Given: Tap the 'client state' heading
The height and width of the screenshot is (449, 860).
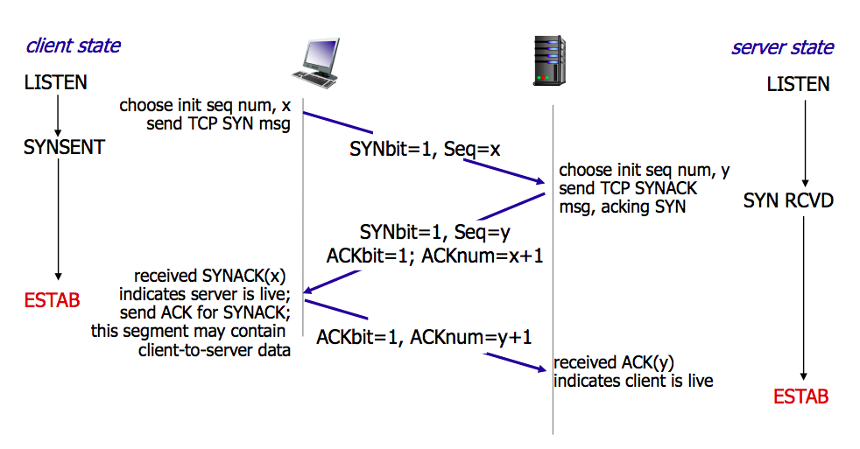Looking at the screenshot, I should coord(74,46).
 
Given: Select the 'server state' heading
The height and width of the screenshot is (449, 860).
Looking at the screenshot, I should coord(782,47).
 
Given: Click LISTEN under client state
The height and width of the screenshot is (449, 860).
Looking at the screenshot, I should coord(56,83).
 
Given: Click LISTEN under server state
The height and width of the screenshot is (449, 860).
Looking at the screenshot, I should coord(798,85).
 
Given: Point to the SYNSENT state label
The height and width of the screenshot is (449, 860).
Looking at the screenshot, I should coord(64,147).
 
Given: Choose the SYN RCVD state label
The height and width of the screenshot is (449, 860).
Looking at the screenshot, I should coord(788,201).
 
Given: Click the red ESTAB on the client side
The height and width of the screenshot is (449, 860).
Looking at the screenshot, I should coord(53,301).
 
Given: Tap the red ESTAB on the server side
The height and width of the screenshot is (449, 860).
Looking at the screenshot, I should coord(800,396).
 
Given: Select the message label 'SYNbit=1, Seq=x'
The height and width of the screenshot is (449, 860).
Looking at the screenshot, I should coord(425,150).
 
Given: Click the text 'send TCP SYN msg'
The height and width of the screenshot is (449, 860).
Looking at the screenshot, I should coord(218,124).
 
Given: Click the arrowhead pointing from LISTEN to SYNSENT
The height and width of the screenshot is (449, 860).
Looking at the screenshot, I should coord(57,128).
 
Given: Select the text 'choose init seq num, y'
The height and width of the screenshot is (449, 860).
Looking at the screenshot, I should coord(644,169).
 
